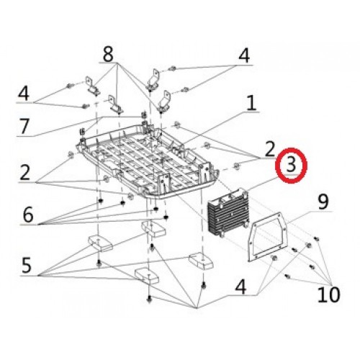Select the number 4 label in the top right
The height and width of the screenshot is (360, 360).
tap(245, 55)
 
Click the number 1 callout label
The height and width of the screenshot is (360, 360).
tap(251, 104)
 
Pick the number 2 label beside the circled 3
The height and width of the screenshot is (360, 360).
tap(269, 150)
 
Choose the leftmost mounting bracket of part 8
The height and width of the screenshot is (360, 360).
tap(92, 84)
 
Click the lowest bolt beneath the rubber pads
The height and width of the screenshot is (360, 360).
tap(149, 299)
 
